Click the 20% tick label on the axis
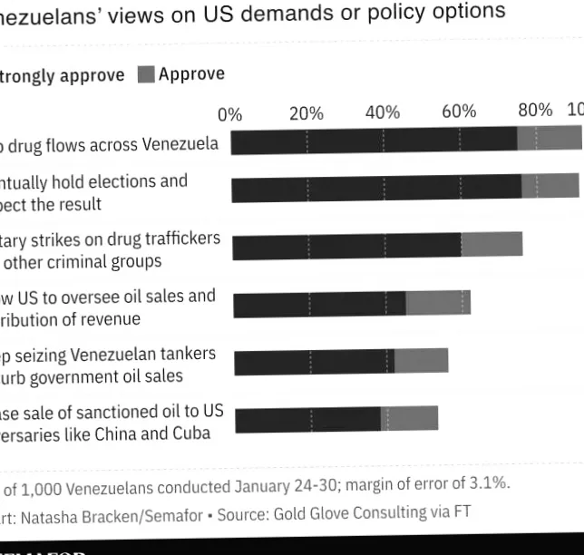tap(307, 113)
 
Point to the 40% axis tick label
tap(383, 112)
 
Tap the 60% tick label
tap(459, 112)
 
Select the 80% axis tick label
tap(535, 110)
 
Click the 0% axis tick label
tap(230, 114)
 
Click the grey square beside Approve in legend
tap(146, 75)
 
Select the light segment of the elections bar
tap(550, 186)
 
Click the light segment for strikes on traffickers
tap(492, 244)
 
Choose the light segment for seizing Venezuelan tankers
tap(421, 360)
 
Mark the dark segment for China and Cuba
tap(307, 419)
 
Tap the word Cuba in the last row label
tap(190, 433)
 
